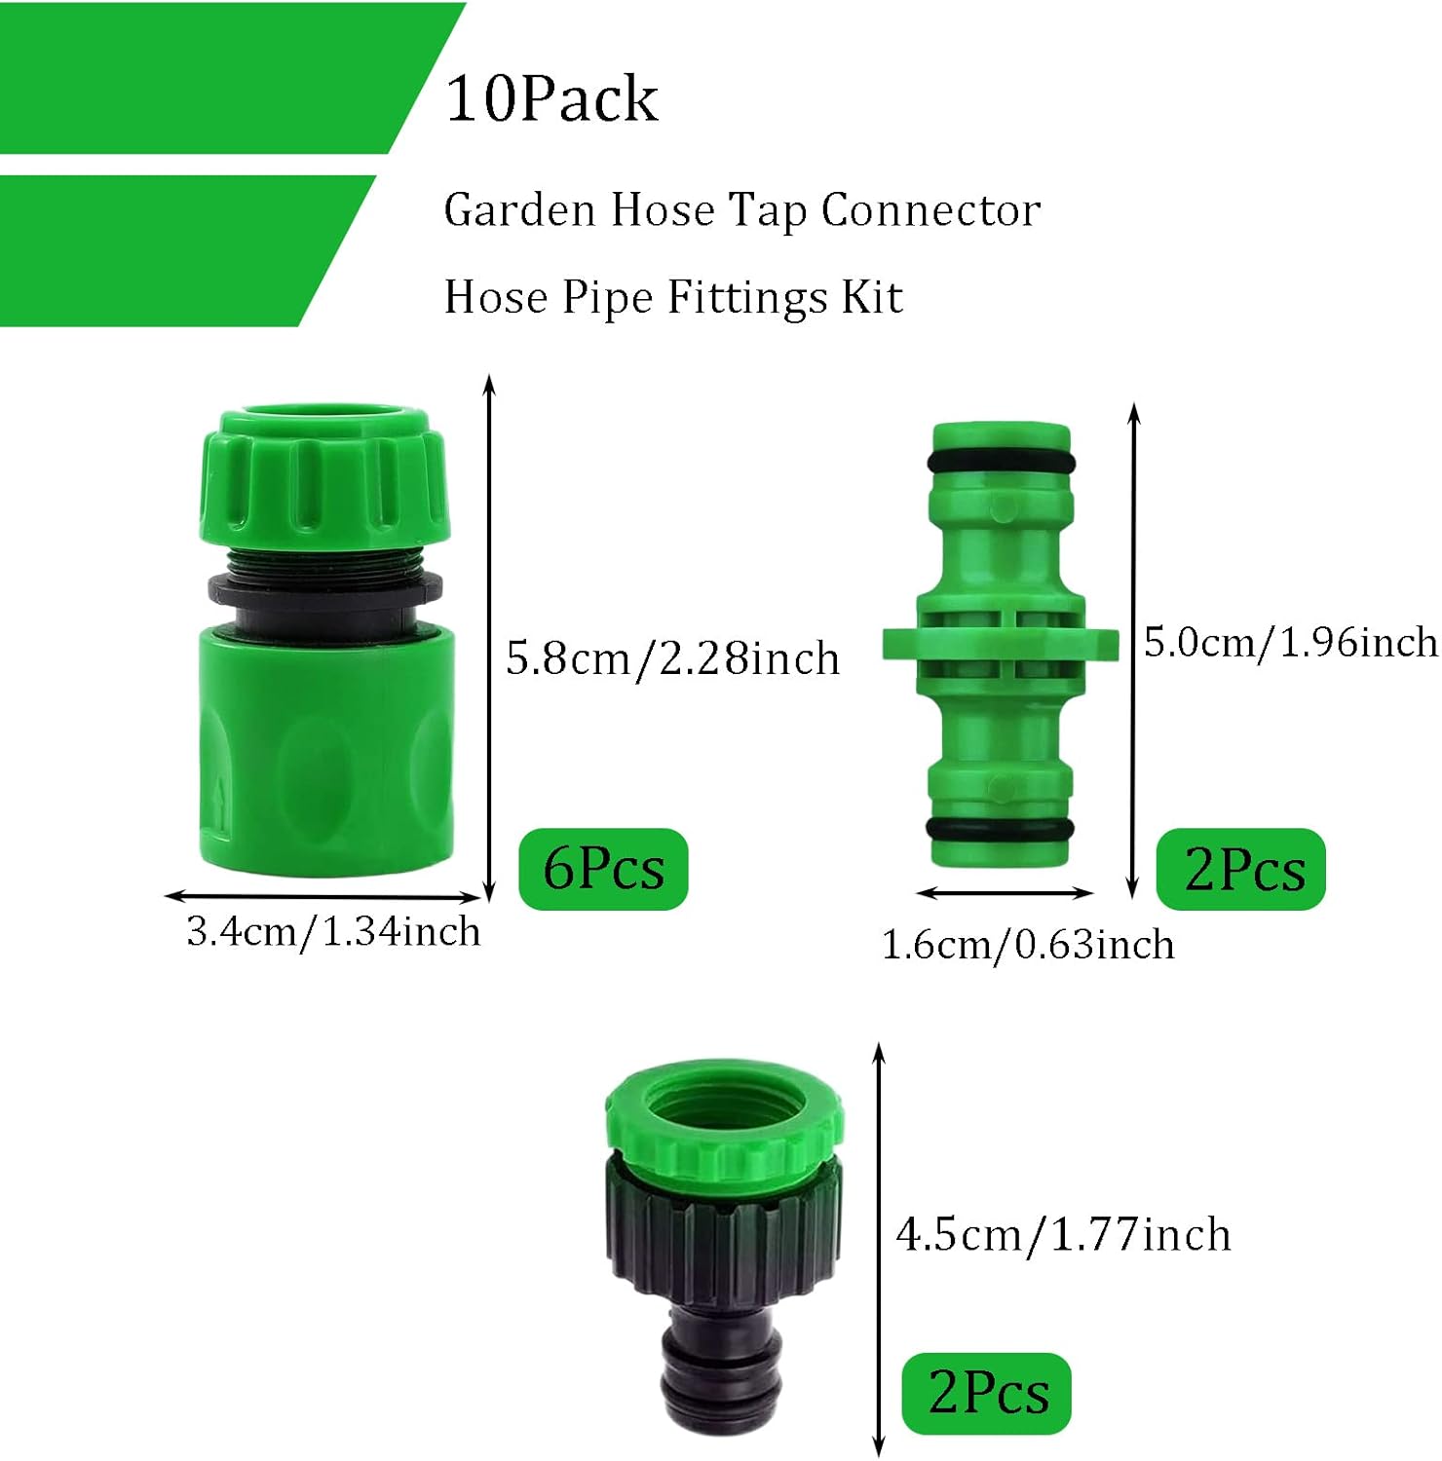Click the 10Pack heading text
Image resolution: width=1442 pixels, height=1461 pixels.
point(551,98)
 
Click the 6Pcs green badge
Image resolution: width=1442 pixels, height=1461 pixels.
point(603,869)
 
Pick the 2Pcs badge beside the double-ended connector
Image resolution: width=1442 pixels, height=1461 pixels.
point(1241,870)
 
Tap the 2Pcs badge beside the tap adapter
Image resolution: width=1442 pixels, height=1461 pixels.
point(986,1393)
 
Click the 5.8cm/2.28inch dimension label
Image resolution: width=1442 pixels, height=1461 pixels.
point(672,658)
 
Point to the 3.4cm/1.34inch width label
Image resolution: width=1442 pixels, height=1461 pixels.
point(333,932)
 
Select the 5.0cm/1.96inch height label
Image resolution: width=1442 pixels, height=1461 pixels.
point(1290,643)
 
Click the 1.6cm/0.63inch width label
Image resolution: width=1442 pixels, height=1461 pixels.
point(1027,945)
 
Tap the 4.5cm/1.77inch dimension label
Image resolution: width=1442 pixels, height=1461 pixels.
point(1063,1235)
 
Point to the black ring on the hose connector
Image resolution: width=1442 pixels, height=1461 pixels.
point(324,587)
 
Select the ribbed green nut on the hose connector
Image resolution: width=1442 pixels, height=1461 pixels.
point(324,477)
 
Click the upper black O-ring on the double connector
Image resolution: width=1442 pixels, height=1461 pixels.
point(1001,460)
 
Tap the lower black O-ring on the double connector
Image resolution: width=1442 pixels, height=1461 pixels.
point(1001,830)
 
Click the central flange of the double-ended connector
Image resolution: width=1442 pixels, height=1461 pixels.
point(1001,643)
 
